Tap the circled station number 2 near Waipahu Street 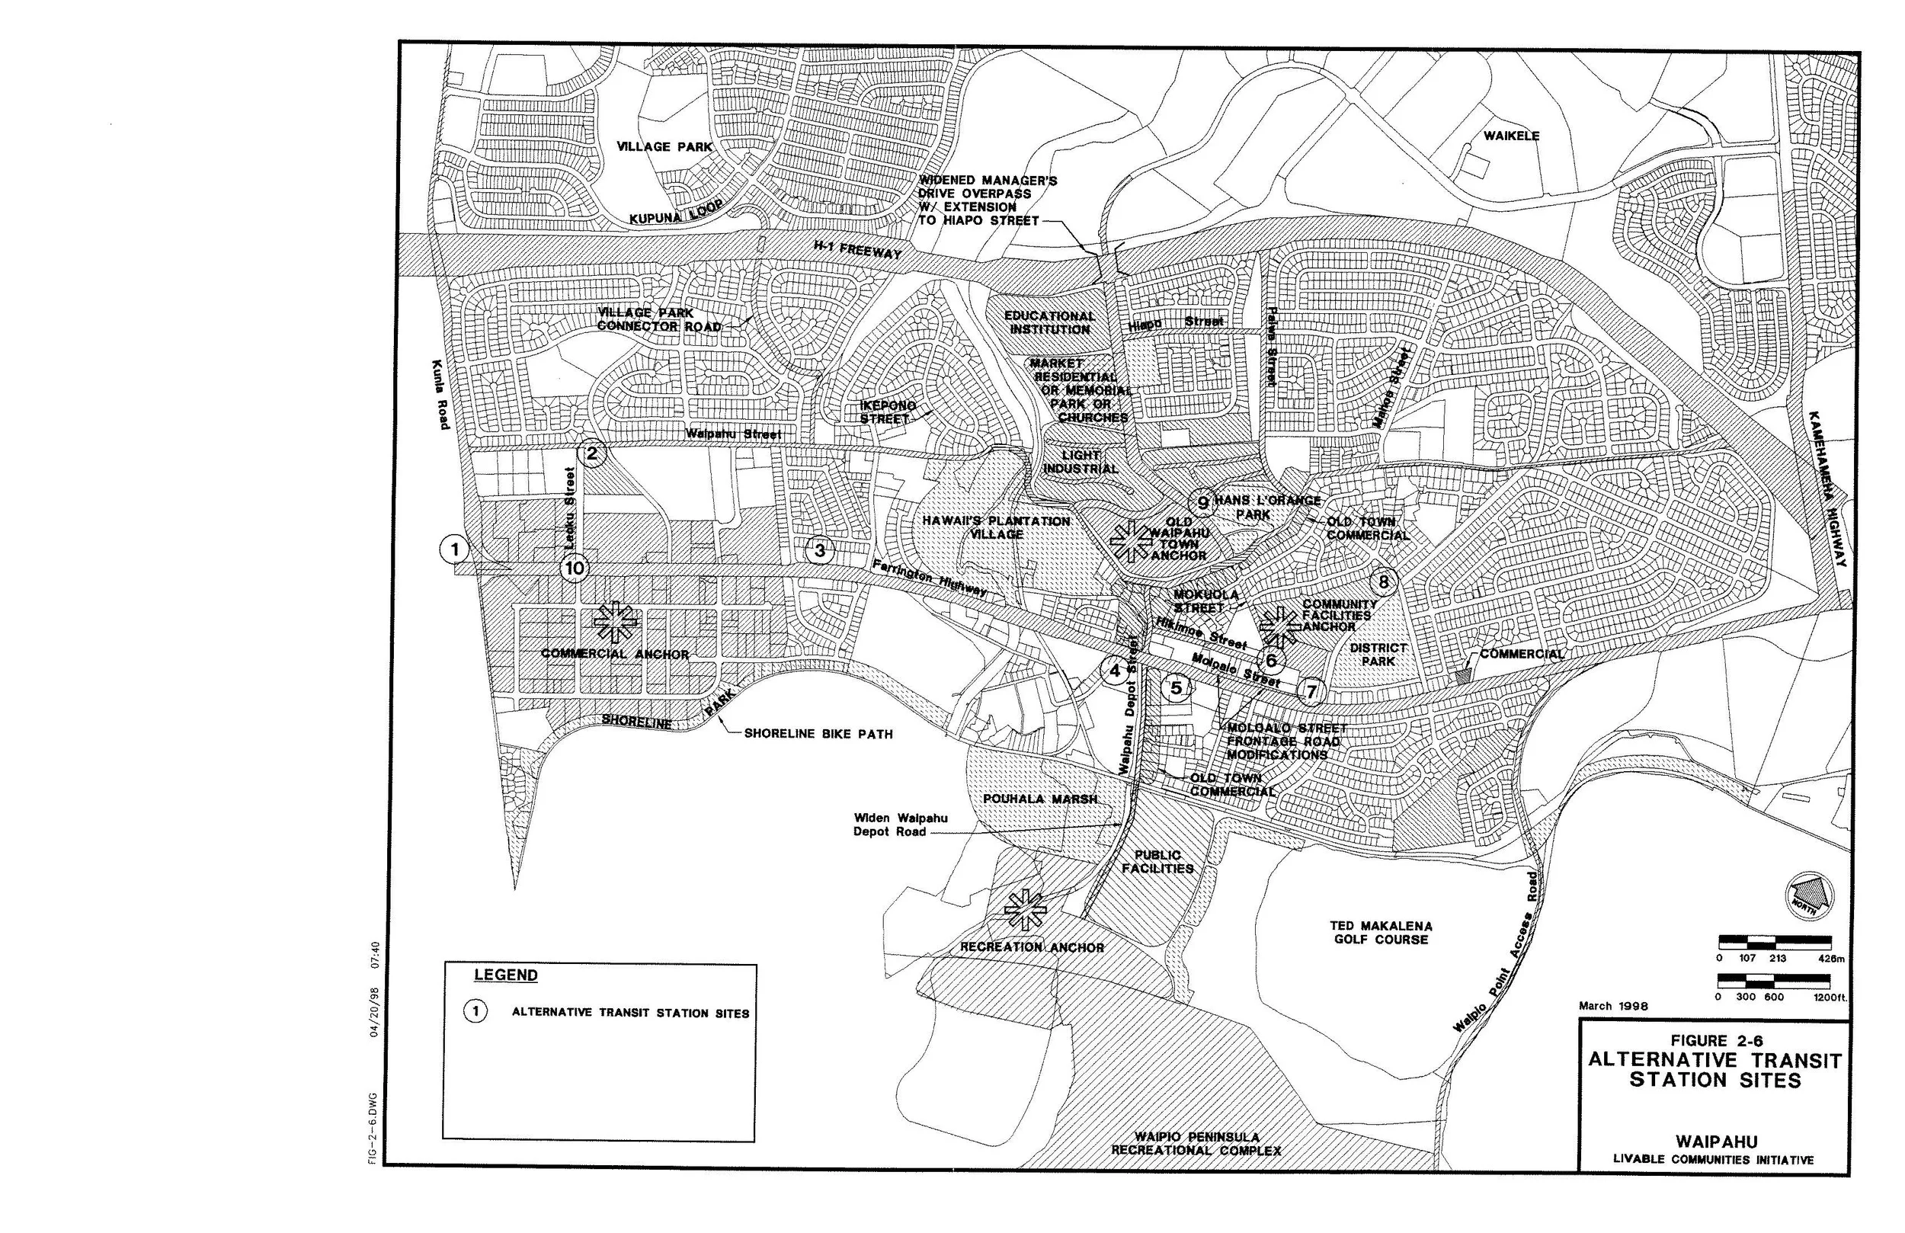pyautogui.click(x=592, y=454)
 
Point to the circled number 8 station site pyautogui.click(x=1384, y=581)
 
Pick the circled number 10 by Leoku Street pyautogui.click(x=574, y=568)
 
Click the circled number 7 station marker pyautogui.click(x=1311, y=690)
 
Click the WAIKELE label pyautogui.click(x=1511, y=136)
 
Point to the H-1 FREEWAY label pyautogui.click(x=857, y=249)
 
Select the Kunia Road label pyautogui.click(x=440, y=394)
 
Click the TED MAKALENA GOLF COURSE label pyautogui.click(x=1381, y=933)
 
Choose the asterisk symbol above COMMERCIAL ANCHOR pyautogui.click(x=615, y=622)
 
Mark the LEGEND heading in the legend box pyautogui.click(x=506, y=975)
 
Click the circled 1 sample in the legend pyautogui.click(x=475, y=1012)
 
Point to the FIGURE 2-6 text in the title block pyautogui.click(x=1716, y=1041)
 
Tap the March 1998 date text pyautogui.click(x=1613, y=1006)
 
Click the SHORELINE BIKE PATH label pyautogui.click(x=818, y=733)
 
